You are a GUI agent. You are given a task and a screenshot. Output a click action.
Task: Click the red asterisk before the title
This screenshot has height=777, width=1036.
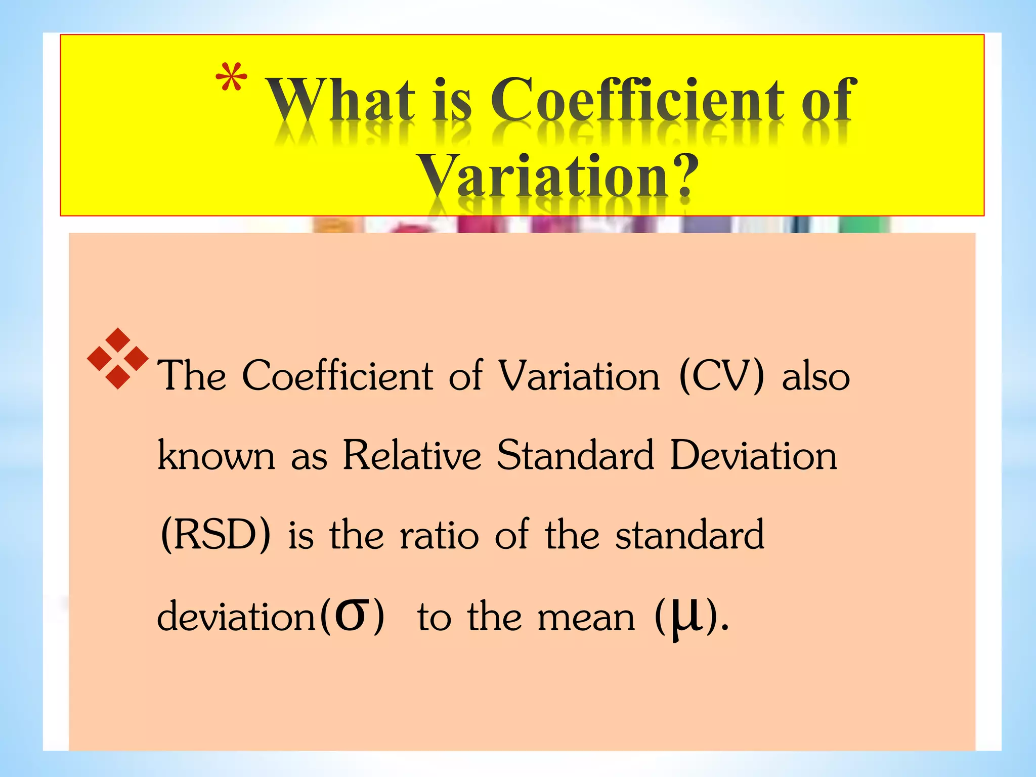(x=231, y=77)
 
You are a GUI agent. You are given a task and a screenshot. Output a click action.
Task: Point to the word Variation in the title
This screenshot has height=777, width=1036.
(x=543, y=176)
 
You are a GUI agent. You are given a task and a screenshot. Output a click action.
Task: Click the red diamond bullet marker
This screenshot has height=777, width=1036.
(x=117, y=358)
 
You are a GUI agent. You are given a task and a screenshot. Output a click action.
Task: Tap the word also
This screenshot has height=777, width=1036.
(x=815, y=377)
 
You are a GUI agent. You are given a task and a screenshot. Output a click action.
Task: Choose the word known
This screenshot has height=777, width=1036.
(x=217, y=455)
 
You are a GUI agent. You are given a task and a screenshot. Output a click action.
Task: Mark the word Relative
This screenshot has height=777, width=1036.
(x=412, y=455)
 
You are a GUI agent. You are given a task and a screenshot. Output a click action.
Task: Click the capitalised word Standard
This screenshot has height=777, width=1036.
(x=575, y=455)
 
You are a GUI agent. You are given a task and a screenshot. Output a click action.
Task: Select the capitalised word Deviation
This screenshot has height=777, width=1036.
(x=753, y=455)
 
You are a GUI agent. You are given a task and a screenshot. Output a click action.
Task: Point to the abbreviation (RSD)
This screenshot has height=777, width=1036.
(x=215, y=535)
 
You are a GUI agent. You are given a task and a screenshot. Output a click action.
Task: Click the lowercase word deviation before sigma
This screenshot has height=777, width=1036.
(x=236, y=617)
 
